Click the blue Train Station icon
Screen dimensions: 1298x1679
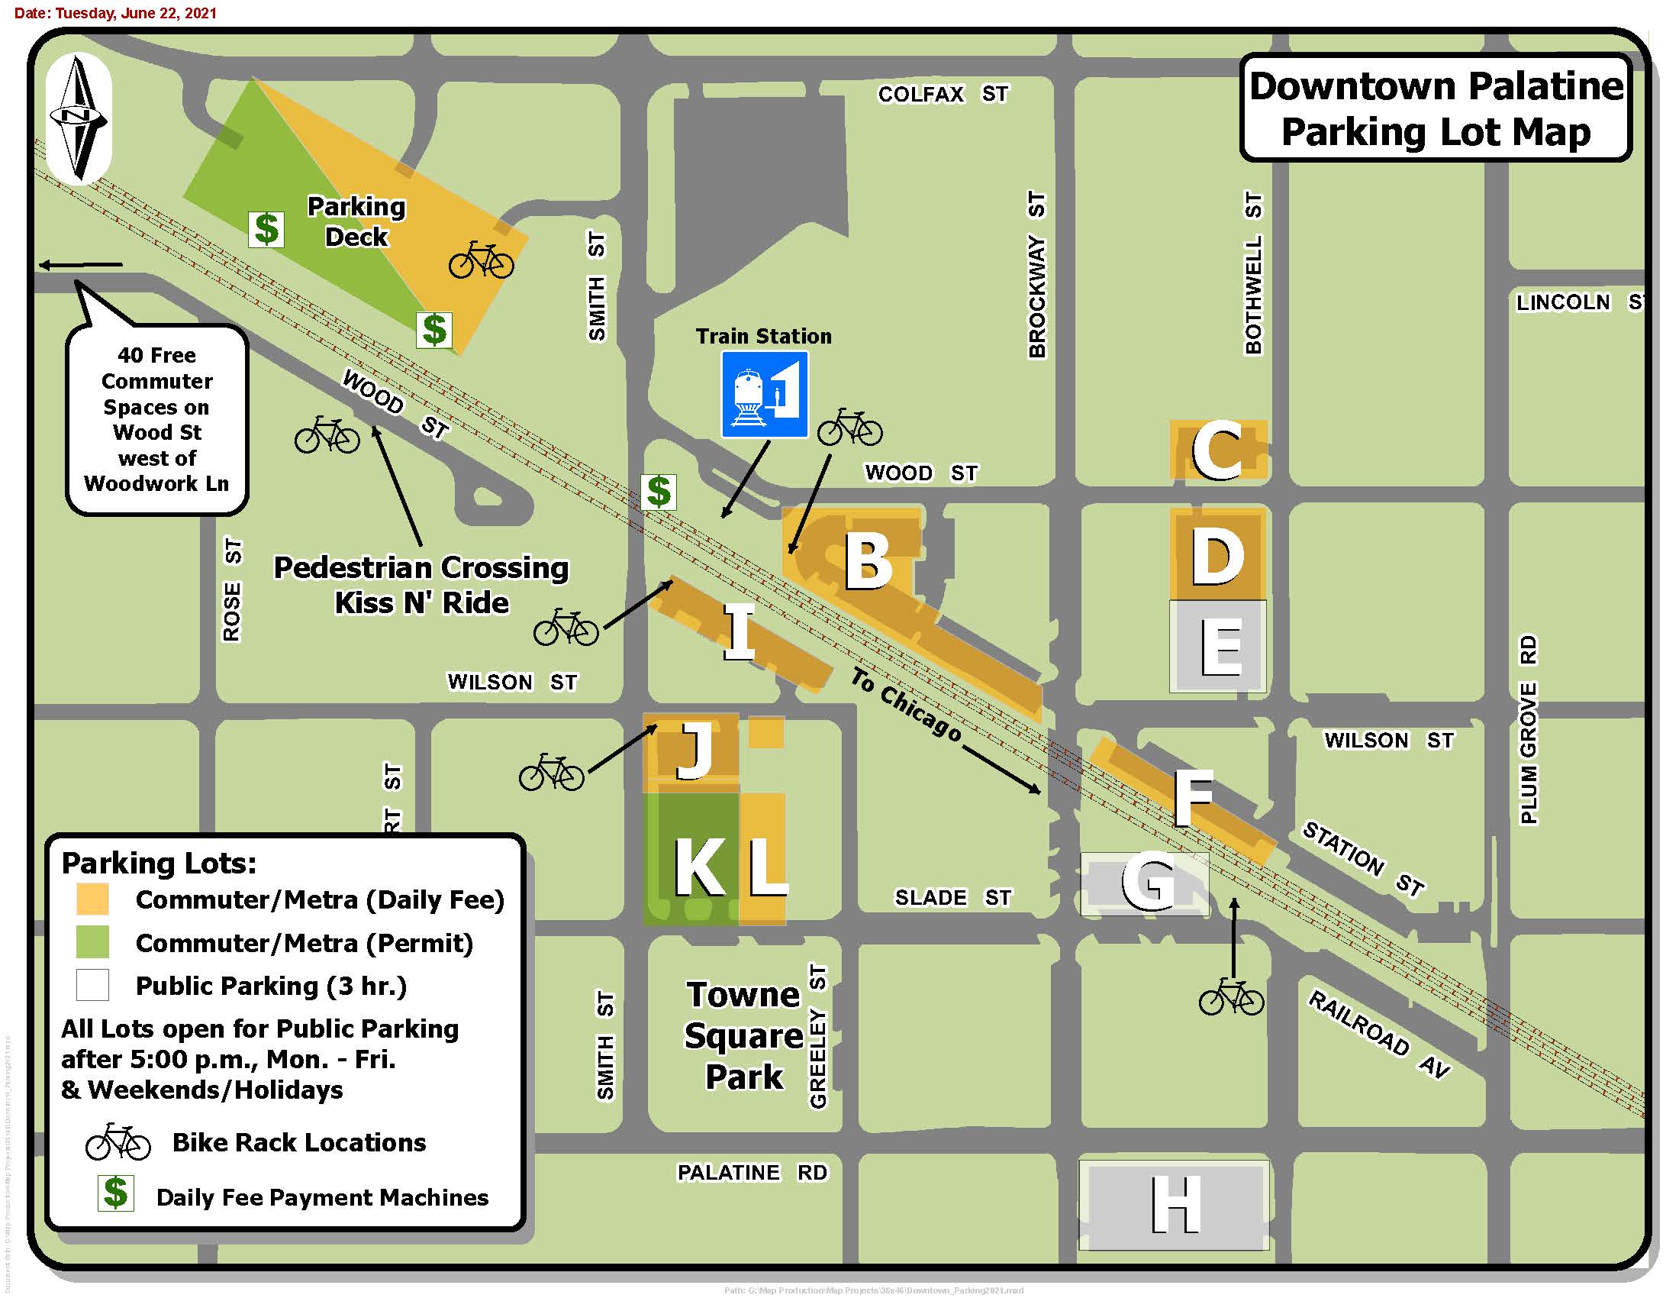point(764,395)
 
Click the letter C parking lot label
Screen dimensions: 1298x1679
point(1217,450)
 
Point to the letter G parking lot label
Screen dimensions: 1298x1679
point(1149,883)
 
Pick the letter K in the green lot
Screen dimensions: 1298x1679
point(699,867)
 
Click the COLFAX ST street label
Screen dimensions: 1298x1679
point(943,94)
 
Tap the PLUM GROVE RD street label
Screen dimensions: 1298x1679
point(1529,729)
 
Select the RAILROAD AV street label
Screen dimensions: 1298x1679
point(1379,1035)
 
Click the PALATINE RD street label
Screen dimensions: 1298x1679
point(752,1172)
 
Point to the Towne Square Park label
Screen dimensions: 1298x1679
point(743,1035)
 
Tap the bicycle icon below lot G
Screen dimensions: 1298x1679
point(1231,996)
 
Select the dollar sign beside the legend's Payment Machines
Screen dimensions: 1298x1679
point(115,1193)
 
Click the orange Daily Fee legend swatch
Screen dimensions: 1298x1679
point(92,899)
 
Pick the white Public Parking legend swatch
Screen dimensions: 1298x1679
point(92,985)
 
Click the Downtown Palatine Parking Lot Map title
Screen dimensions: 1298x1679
point(1436,108)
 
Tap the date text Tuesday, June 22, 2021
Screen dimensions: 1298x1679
point(115,13)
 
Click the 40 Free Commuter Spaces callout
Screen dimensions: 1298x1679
point(156,419)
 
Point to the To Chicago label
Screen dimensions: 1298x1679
point(906,705)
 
